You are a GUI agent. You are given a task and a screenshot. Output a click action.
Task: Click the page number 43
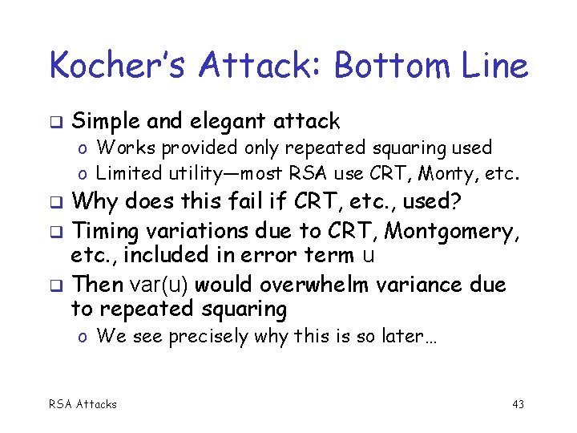click(518, 404)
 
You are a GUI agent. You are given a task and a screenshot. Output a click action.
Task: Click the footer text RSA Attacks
click(83, 404)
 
